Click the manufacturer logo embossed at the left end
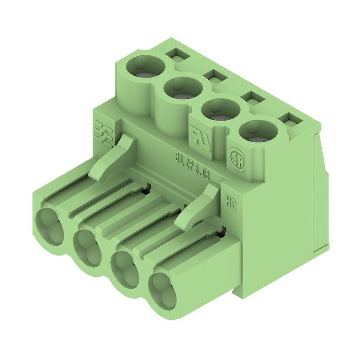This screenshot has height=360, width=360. point(103,131)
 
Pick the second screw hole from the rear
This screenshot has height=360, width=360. point(182,89)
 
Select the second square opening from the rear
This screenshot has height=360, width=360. point(214,77)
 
